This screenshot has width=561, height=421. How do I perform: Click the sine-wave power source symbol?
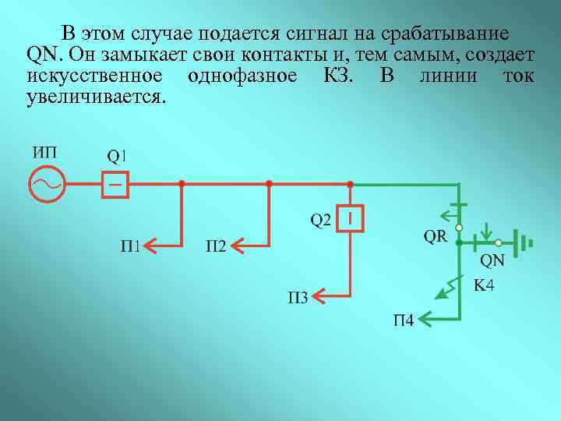click(46, 185)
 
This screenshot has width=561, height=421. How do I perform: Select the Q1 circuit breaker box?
click(115, 185)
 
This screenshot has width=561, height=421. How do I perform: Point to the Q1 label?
click(117, 155)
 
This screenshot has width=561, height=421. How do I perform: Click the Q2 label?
click(321, 221)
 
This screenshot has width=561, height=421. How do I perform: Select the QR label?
click(436, 236)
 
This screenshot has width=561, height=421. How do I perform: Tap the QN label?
click(491, 260)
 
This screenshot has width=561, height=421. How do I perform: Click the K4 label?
click(484, 286)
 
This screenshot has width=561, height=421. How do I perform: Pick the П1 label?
click(130, 247)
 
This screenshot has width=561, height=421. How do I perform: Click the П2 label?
click(216, 247)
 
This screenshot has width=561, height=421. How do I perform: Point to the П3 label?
click(298, 296)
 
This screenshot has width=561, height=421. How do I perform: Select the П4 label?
click(403, 320)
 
